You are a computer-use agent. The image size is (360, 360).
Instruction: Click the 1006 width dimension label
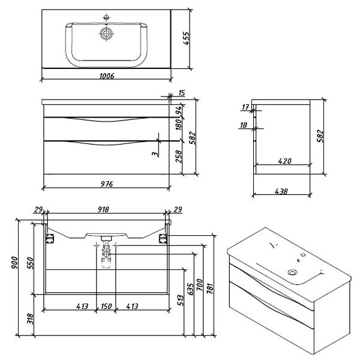click(106, 77)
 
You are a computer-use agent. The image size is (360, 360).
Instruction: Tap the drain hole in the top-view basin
click(107, 34)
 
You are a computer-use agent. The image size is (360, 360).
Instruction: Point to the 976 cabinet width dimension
click(106, 183)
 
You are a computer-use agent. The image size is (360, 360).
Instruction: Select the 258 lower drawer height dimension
click(178, 157)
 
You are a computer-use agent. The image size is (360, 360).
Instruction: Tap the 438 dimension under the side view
click(281, 191)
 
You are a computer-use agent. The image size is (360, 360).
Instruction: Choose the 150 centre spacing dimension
click(106, 306)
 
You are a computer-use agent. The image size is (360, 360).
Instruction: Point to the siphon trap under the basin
click(107, 253)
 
